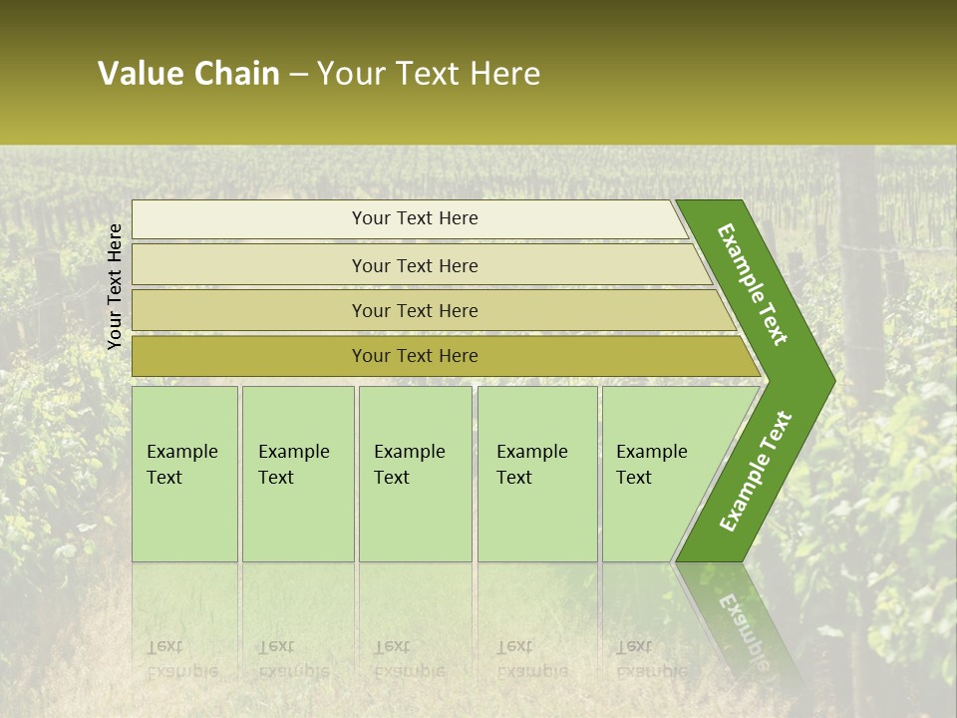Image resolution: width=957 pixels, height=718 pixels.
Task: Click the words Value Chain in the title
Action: click(x=188, y=74)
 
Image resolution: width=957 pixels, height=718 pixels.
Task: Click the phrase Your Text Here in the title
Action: click(x=429, y=74)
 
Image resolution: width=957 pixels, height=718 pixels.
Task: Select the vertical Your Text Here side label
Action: click(x=115, y=286)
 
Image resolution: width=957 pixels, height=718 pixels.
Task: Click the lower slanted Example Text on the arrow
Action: click(x=755, y=472)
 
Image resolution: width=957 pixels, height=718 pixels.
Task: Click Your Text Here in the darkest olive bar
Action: click(x=415, y=356)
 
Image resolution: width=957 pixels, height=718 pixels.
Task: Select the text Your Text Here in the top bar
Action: click(x=415, y=218)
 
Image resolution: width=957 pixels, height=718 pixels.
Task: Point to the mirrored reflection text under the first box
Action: click(x=181, y=659)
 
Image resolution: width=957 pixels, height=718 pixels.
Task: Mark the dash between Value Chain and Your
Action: click(x=298, y=75)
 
